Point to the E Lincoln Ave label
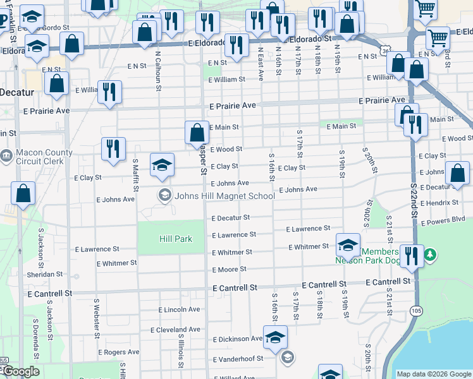[180, 310]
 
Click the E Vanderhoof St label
[238, 359]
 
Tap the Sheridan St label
[44, 275]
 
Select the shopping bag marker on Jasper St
[197, 133]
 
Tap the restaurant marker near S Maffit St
[113, 148]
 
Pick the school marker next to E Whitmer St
[347, 244]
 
